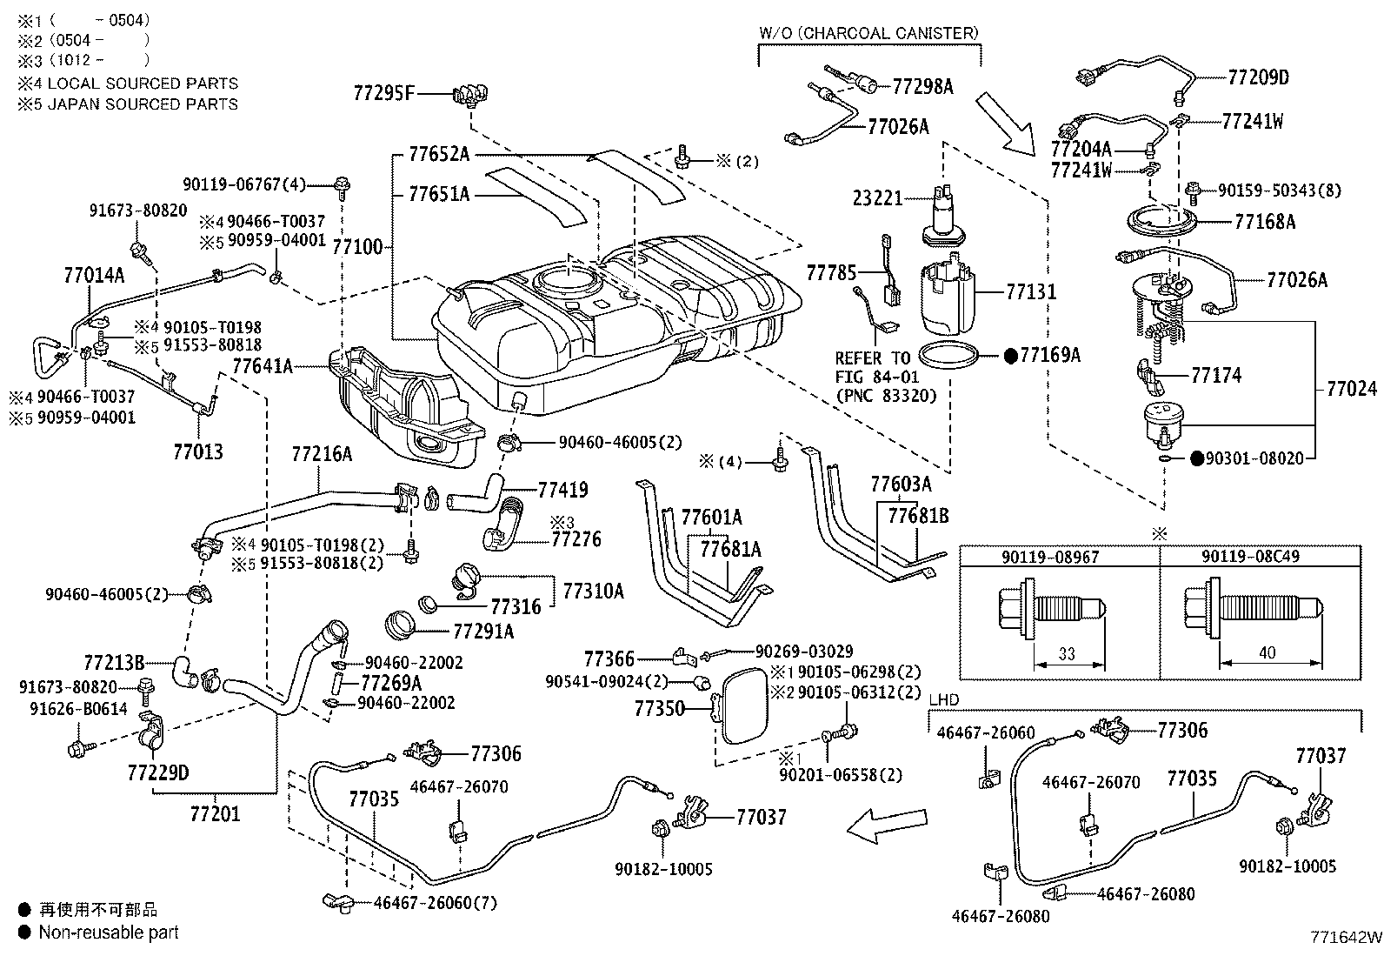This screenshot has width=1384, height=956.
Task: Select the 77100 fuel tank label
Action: point(356,248)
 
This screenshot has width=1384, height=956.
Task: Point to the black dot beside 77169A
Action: point(1011,355)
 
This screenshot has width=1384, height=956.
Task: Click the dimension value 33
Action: point(1067,652)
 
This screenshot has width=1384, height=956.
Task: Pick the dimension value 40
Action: point(1267,652)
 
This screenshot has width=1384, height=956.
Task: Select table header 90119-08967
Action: point(1059,555)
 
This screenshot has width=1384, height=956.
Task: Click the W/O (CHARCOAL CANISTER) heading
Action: point(869,33)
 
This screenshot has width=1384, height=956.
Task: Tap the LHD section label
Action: point(944,699)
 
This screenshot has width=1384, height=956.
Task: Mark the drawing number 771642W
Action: point(1346,937)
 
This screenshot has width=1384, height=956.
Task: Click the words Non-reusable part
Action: point(109,933)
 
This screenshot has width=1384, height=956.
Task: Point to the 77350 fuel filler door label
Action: point(660,708)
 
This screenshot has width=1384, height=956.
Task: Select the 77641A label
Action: point(263,366)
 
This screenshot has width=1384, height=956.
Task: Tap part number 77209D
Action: point(1258,77)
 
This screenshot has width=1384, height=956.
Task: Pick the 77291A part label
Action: point(483,631)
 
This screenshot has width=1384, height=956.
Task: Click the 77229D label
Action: point(157,772)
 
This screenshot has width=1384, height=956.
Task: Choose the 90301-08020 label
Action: point(1255,458)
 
